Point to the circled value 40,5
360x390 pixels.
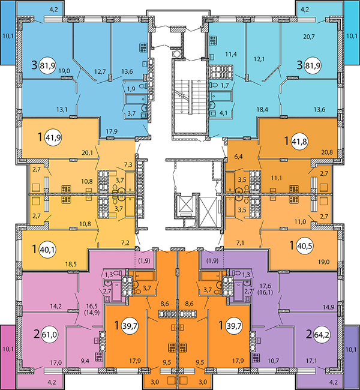(x=305, y=246)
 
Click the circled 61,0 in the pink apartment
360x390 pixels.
(x=50, y=335)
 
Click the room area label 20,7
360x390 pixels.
(x=309, y=37)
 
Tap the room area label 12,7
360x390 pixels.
(x=100, y=71)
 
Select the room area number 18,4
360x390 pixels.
(x=262, y=109)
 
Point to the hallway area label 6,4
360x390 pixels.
(x=238, y=157)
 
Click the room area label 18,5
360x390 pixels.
(x=71, y=264)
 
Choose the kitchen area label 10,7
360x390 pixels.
(x=274, y=361)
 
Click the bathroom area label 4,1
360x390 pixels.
(x=223, y=113)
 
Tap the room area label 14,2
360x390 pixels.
(x=56, y=307)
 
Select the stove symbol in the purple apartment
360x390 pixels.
(x=256, y=357)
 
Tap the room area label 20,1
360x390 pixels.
(x=87, y=153)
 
